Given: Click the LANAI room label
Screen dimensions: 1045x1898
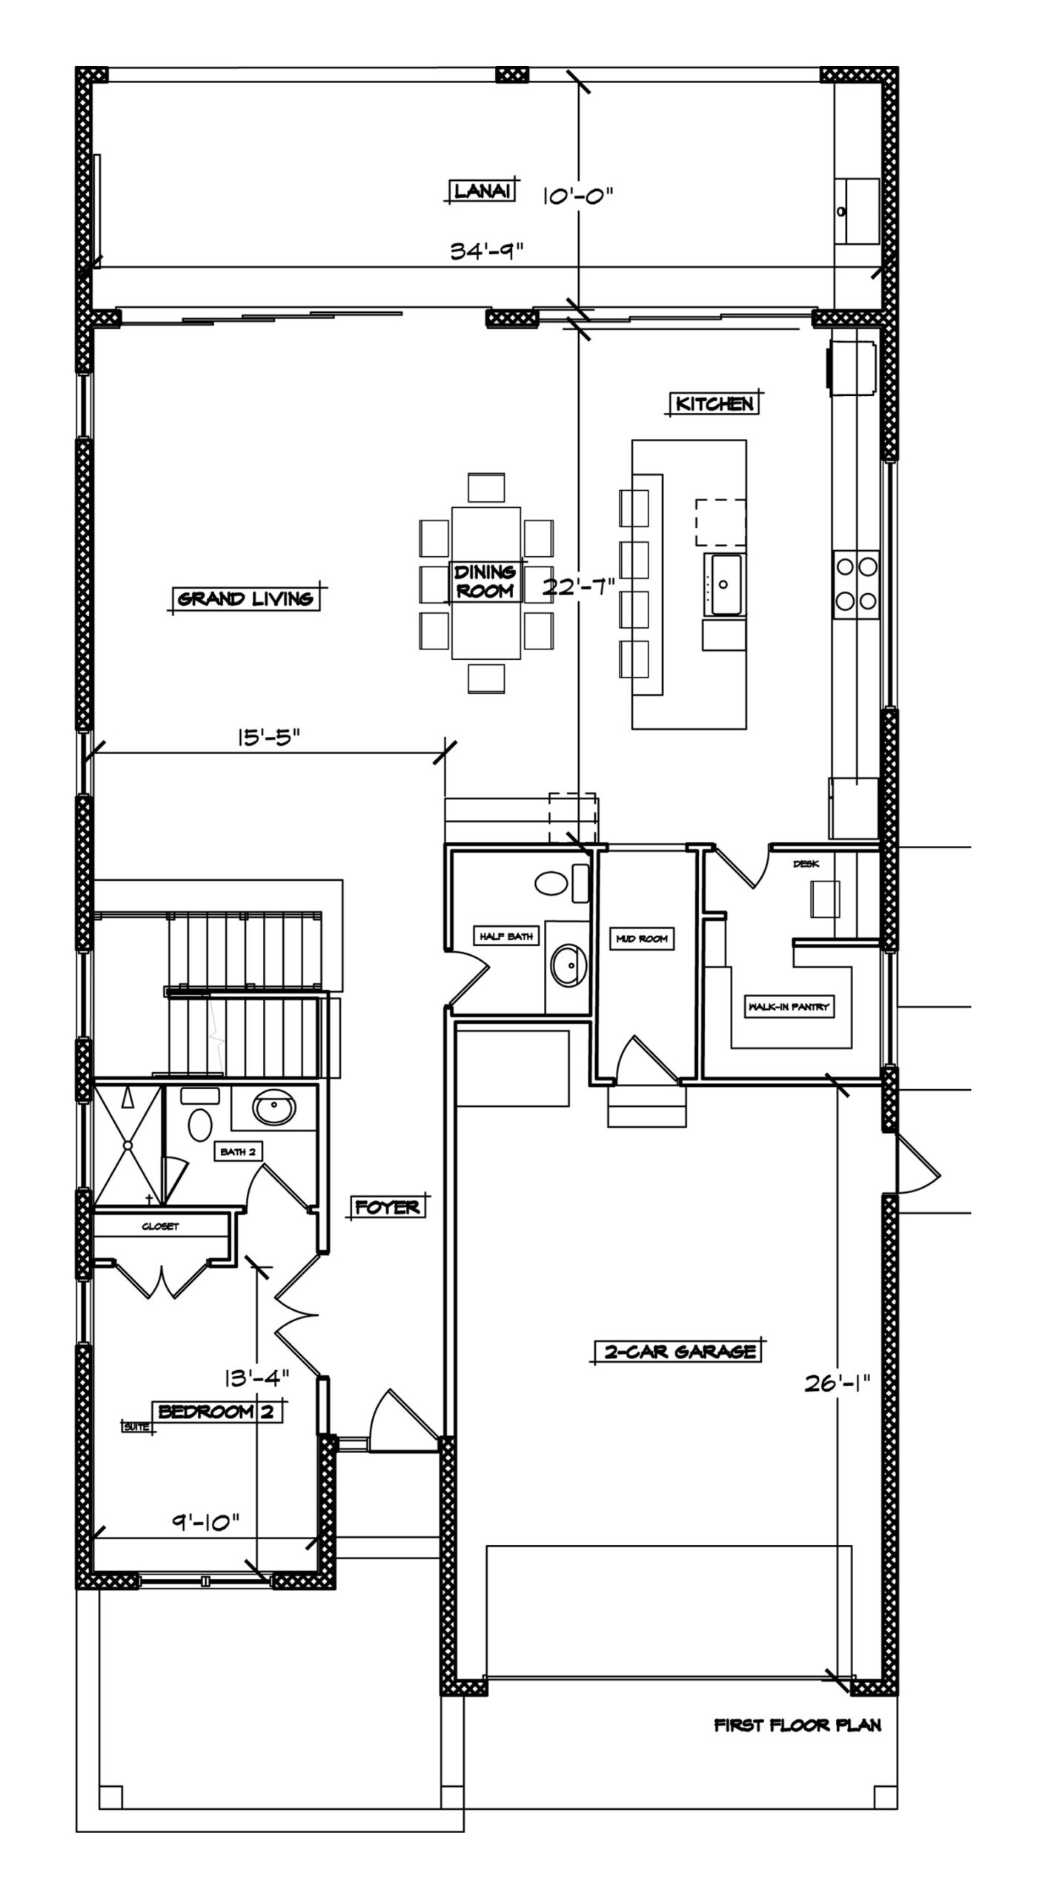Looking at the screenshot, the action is pos(482,191).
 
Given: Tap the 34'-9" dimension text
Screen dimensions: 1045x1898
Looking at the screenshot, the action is pos(488,251).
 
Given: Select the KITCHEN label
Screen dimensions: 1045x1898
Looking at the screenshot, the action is pos(714,404).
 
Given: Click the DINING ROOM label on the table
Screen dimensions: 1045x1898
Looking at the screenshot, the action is pos(485,581).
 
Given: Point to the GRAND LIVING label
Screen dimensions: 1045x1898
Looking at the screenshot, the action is pos(245,598).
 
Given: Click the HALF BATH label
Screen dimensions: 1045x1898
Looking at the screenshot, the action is pos(506,937).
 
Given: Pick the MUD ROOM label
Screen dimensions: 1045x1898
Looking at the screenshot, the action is pos(642,939).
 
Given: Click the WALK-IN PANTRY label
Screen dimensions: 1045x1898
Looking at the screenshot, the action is pos(789,1007).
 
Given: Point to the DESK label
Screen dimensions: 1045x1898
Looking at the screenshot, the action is pos(806,864).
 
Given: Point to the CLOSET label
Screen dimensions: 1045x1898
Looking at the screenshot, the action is pos(161,1226).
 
